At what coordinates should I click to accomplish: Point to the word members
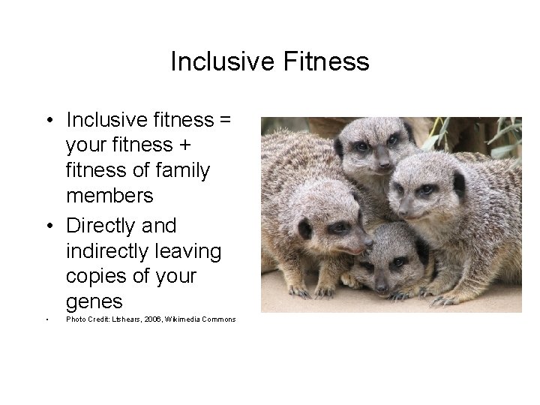(109, 196)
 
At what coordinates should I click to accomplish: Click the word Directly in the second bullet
(103, 225)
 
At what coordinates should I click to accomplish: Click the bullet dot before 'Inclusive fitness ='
(47, 119)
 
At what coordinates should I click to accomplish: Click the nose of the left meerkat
(368, 243)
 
